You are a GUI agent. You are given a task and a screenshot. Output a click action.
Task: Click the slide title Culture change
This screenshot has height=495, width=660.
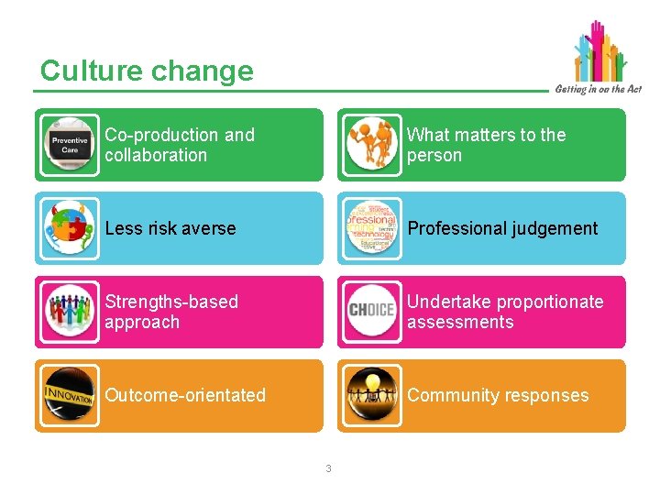(147, 71)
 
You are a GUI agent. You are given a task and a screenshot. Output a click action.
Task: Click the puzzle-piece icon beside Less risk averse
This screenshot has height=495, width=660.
(70, 228)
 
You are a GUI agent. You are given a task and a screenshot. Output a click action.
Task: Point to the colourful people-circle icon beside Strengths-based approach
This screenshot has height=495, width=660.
(70, 312)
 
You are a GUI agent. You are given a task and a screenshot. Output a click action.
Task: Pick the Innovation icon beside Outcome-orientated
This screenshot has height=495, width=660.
(70, 395)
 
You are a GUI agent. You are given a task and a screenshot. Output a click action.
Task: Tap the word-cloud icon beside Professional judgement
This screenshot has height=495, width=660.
(372, 228)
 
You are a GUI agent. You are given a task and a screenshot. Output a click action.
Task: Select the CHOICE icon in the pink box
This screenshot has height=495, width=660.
(372, 312)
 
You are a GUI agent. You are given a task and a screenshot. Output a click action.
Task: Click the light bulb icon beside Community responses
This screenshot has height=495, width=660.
(372, 395)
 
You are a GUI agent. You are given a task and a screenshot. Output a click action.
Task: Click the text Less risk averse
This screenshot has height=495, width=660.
(170, 228)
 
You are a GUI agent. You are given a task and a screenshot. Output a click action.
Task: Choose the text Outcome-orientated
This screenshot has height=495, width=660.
(185, 395)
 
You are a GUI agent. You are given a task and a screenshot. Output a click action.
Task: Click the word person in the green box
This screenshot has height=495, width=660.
(434, 156)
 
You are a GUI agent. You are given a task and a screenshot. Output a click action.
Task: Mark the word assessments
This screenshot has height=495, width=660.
(460, 323)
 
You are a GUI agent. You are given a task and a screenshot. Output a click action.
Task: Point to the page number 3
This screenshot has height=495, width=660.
(329, 469)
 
